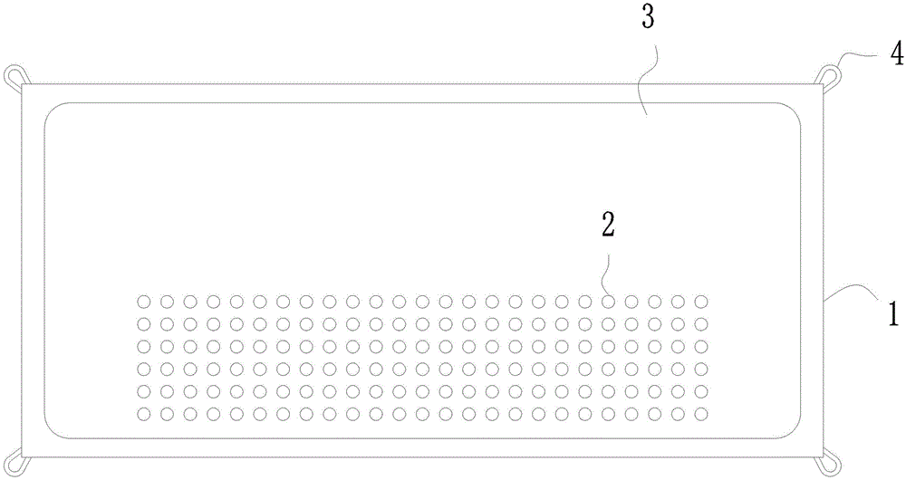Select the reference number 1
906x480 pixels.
pos(892,314)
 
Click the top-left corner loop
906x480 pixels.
pos(14,75)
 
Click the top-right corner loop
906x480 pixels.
pos(832,74)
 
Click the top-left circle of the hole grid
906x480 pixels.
pos(143,301)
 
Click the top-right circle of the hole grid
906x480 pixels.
pos(700,301)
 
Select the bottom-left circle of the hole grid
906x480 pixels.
pos(143,414)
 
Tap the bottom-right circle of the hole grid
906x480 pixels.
pos(700,414)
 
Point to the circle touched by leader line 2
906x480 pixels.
pos(608,301)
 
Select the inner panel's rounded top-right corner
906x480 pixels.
pos(792,111)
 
